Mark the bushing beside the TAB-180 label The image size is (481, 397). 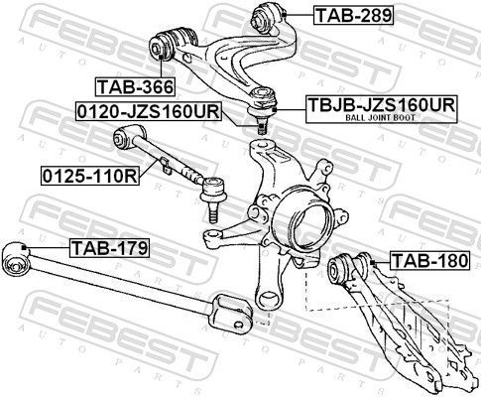click(x=343, y=268)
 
